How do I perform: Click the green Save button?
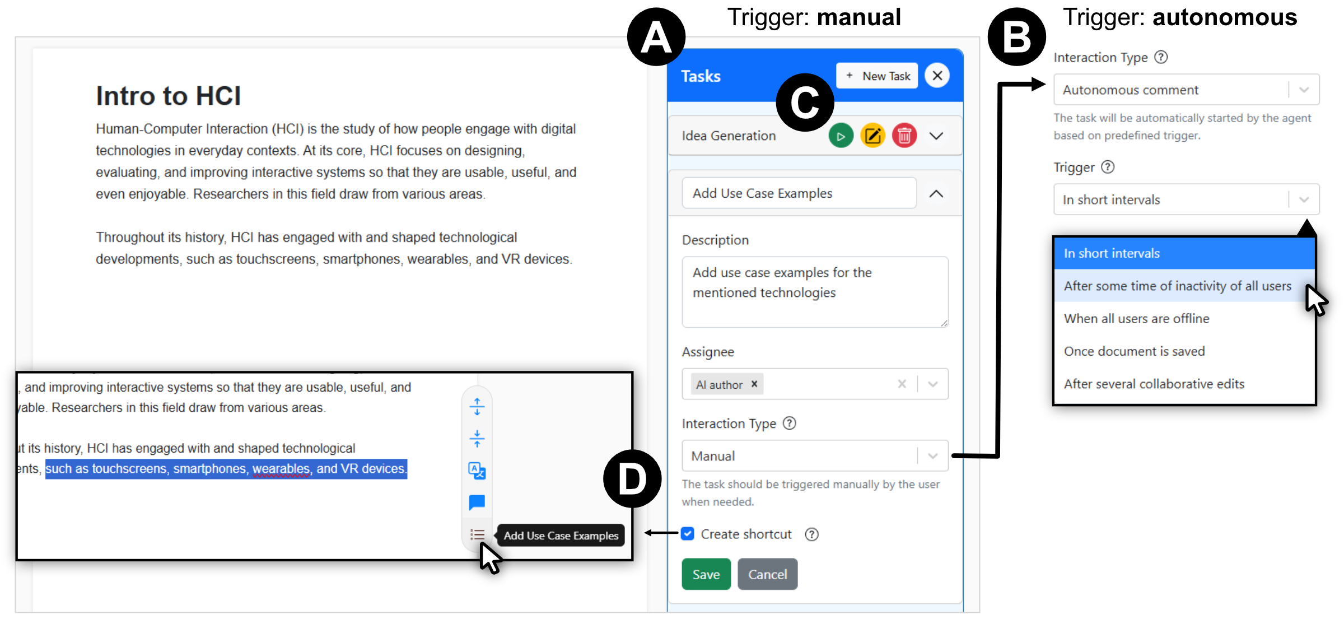point(706,574)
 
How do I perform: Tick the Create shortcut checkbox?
point(688,534)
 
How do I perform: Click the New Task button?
point(877,76)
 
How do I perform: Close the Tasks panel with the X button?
point(937,76)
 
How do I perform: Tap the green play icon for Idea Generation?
point(841,136)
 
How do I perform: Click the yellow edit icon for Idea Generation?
point(872,136)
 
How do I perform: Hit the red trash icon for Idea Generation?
point(904,136)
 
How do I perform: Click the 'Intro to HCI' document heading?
point(168,96)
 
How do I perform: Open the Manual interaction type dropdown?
point(815,456)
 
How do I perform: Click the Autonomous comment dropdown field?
point(1186,90)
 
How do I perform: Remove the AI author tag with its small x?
point(754,384)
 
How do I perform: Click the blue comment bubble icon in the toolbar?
point(477,502)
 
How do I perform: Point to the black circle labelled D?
point(632,479)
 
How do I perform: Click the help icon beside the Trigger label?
point(1108,167)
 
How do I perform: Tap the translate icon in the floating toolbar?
point(477,471)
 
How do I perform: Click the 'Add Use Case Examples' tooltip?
point(561,536)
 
